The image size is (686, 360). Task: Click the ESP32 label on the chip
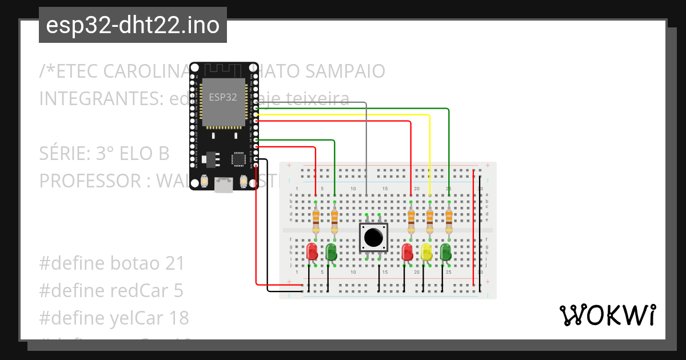pyautogui.click(x=222, y=97)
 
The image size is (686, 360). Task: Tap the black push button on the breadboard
pyautogui.click(x=373, y=237)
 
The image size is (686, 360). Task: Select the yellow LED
pyautogui.click(x=426, y=252)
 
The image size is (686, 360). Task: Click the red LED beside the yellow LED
pyautogui.click(x=407, y=252)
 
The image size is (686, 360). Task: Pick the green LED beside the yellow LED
pyautogui.click(x=446, y=252)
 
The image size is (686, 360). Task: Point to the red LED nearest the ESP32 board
pyautogui.click(x=312, y=251)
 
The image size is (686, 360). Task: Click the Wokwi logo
pyautogui.click(x=607, y=315)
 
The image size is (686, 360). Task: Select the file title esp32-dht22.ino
pyautogui.click(x=133, y=25)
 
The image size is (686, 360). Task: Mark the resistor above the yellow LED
pyautogui.click(x=430, y=218)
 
